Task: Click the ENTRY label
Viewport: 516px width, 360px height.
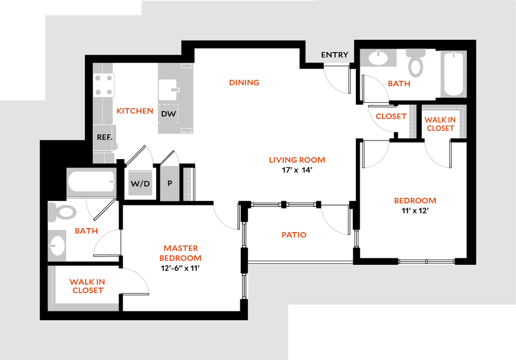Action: coord(334,55)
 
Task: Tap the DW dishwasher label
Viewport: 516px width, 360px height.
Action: coord(168,114)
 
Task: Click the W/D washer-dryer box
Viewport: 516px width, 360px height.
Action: coord(140,184)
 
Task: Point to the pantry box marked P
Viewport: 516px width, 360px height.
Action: coord(170,183)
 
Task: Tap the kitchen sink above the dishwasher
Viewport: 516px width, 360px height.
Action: coord(168,90)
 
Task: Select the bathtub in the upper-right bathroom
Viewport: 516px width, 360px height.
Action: coord(453,74)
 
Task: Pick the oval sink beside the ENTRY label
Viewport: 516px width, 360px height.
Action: coord(378,57)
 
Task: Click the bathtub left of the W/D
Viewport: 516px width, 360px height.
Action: coord(91,182)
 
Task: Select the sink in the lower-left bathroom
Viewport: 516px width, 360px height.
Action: coord(57,245)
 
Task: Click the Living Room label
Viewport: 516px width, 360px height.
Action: coord(297,160)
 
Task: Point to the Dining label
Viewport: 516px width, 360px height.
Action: coord(243,83)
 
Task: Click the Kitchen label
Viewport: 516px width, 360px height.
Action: coord(135,111)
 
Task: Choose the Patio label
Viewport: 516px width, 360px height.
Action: coord(294,235)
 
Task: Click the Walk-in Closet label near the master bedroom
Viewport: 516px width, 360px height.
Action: coord(88,286)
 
